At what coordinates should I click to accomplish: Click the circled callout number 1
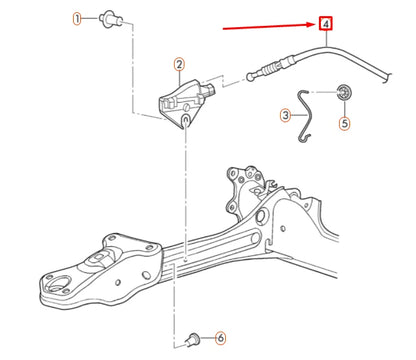point(77,19)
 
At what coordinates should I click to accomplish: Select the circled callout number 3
point(285,116)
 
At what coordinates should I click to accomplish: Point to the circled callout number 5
point(344,124)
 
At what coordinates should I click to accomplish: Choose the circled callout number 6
point(220,337)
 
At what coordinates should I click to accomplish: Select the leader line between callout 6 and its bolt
point(206,337)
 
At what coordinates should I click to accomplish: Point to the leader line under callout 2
point(180,79)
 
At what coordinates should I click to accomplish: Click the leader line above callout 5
point(344,109)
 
